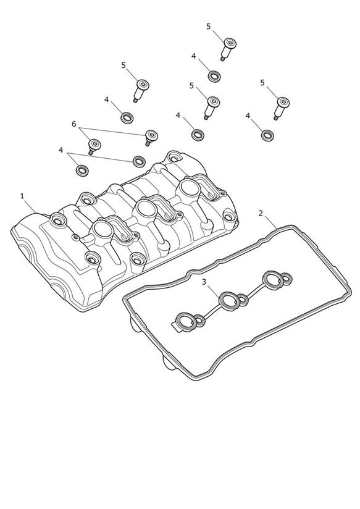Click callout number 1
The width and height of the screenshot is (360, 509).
22,196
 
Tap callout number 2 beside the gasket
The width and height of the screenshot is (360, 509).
261,213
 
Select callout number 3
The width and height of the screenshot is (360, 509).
204,282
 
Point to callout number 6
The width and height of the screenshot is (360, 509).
74,124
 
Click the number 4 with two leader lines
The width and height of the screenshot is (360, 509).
61,150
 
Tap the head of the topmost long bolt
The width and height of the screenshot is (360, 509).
230,43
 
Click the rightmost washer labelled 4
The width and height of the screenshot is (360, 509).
267,135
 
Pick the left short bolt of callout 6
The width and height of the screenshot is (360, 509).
93,146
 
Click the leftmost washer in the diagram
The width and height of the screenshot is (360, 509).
82,170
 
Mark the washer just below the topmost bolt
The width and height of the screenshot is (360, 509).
214,76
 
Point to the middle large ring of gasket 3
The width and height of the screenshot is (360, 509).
230,301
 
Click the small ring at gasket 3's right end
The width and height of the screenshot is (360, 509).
287,278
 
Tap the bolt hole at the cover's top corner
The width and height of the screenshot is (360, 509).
174,158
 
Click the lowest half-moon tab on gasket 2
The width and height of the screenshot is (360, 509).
168,363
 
